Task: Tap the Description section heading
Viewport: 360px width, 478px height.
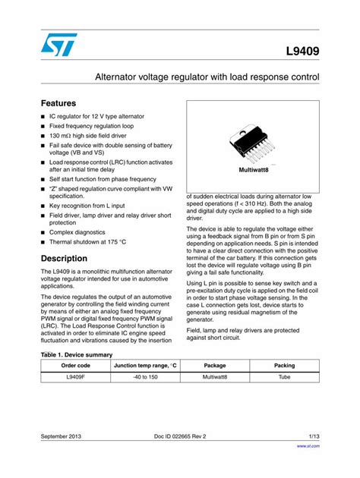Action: point(65,258)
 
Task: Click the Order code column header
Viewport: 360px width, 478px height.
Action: point(75,366)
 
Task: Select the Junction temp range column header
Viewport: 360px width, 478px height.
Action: point(145,366)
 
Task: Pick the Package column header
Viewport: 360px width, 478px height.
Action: point(215,366)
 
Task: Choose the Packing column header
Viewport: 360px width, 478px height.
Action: point(285,366)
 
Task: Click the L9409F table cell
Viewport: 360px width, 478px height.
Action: point(75,377)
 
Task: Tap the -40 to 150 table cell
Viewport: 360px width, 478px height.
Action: point(145,377)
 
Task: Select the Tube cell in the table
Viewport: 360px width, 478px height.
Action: point(285,377)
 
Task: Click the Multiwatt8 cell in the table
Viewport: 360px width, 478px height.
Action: point(215,377)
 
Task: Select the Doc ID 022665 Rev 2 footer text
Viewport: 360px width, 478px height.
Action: point(180,436)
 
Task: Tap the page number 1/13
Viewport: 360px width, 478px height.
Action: point(314,436)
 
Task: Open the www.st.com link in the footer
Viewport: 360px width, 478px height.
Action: point(308,446)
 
